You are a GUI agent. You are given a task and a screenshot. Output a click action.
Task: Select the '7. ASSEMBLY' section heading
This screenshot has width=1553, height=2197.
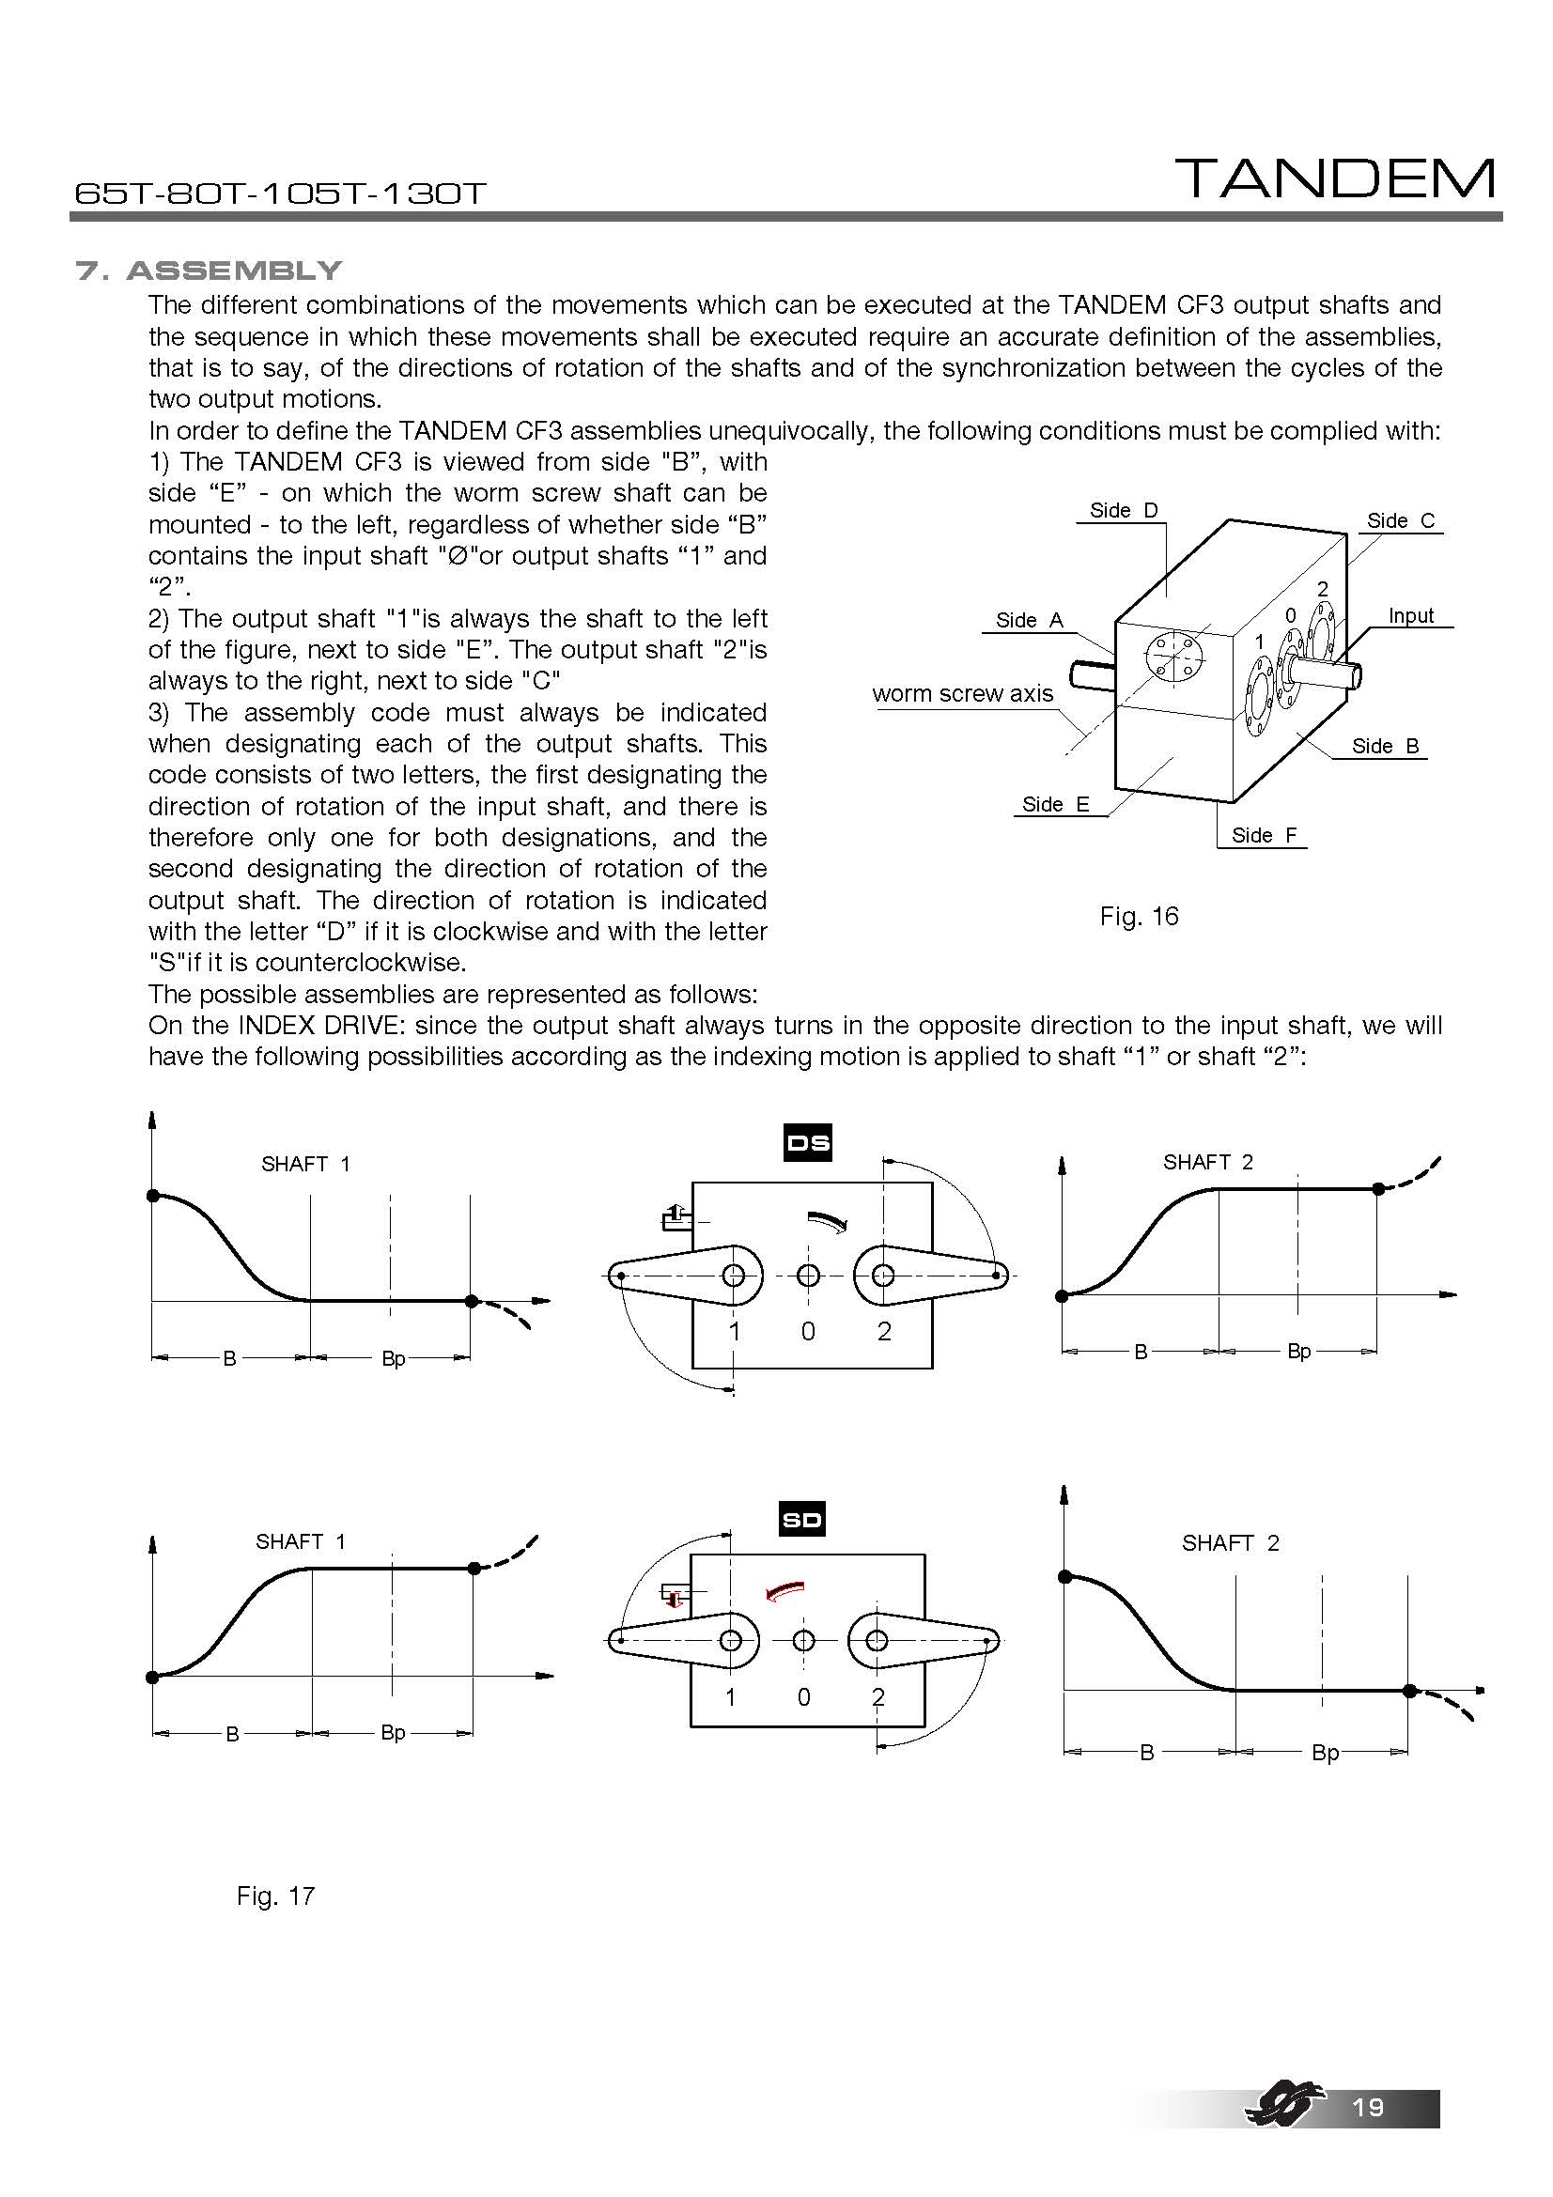pos(209,271)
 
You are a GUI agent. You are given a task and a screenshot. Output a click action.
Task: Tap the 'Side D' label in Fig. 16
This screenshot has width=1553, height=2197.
pos(1124,511)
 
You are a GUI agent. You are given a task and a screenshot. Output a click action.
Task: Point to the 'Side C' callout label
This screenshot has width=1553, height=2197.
pos(1400,520)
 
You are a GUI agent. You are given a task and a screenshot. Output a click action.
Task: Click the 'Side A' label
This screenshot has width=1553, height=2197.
pos(1029,620)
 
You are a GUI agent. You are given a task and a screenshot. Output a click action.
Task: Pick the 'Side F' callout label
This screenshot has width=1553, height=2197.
pos(1263,835)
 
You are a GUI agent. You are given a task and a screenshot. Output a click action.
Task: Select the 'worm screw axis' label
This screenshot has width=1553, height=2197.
pos(962,694)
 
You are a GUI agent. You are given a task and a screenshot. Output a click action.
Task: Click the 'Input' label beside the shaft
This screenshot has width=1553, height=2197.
pos(1410,616)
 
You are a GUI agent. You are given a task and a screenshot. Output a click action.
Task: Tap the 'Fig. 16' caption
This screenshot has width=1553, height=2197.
pos(1139,917)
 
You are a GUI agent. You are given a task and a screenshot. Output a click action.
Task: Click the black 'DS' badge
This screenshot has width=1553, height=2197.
pos(808,1142)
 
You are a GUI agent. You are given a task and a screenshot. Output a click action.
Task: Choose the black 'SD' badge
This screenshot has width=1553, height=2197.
pos(801,1521)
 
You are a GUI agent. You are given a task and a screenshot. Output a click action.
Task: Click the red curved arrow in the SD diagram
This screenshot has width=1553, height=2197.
pos(785,1590)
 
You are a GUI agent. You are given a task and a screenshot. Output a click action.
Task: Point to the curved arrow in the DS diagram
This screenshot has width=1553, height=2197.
pos(828,1221)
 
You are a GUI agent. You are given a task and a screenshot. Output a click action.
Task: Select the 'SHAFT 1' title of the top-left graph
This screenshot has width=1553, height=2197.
pos(305,1165)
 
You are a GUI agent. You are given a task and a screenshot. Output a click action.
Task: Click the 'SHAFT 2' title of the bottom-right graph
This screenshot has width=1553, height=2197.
pos(1230,1543)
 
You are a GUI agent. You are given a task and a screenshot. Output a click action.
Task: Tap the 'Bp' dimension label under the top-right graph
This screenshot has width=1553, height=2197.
pos(1298,1351)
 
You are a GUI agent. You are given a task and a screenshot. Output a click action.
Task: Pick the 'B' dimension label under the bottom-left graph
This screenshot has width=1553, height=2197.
pos(231,1734)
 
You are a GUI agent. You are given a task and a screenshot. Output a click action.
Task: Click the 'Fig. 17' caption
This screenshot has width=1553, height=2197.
pos(275,1896)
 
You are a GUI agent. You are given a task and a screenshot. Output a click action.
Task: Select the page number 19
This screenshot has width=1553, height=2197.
pos(1368,2107)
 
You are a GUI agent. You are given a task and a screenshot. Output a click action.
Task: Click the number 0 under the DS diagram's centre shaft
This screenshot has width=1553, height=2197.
pos(808,1331)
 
